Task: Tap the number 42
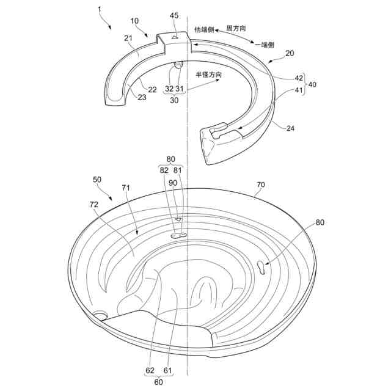click(299, 78)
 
